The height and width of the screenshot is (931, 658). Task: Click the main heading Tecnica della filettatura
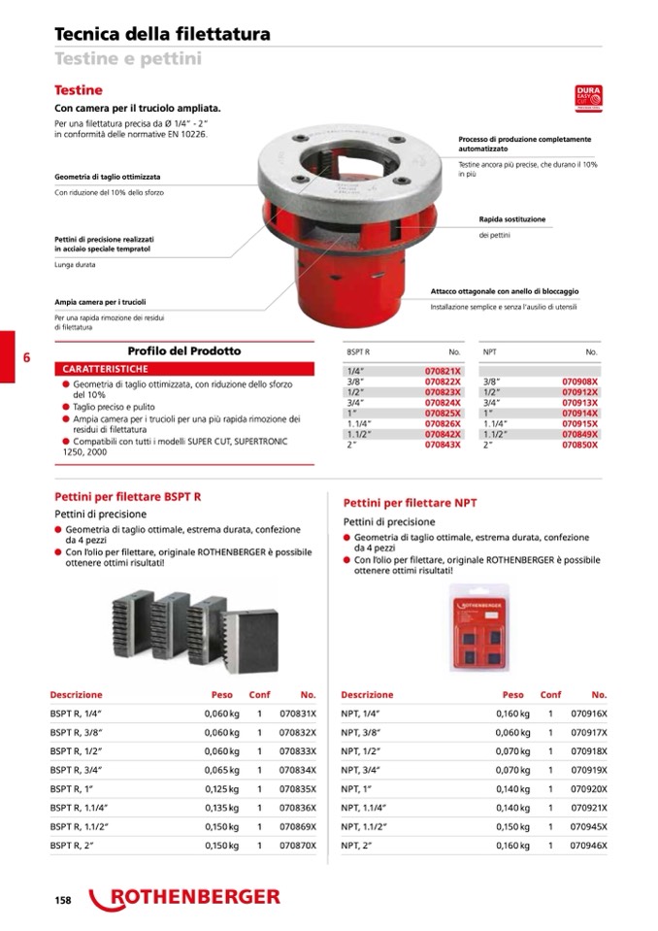[162, 35]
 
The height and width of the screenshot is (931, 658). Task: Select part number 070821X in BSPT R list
[444, 372]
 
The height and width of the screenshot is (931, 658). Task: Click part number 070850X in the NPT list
[580, 445]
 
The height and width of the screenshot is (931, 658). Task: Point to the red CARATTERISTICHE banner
[183, 370]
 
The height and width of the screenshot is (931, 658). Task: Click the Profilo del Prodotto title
[184, 350]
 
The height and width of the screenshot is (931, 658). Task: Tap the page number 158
[63, 900]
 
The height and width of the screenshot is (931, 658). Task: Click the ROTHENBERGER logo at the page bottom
[184, 898]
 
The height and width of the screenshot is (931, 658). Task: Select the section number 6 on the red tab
[26, 357]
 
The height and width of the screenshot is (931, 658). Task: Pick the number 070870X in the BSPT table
[298, 846]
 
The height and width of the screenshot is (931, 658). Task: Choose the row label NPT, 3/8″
[359, 732]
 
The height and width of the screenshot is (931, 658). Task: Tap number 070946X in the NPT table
[589, 846]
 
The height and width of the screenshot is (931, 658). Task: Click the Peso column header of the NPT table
[512, 695]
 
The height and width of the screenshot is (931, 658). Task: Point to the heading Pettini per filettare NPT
[411, 503]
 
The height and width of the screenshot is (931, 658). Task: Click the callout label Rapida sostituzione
[512, 219]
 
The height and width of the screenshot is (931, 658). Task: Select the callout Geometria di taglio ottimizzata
[108, 178]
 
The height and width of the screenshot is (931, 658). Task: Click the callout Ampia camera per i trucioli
[100, 302]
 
